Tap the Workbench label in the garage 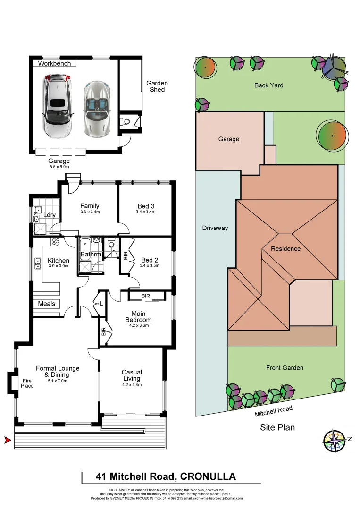click(x=55, y=63)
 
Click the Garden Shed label click(x=157, y=86)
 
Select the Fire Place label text click(x=27, y=383)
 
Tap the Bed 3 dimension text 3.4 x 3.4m click(x=146, y=212)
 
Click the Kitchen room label click(x=59, y=261)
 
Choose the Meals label click(x=47, y=304)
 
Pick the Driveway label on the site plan click(x=215, y=228)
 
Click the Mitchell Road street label click(x=274, y=411)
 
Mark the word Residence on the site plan click(x=285, y=249)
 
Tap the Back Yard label click(x=268, y=85)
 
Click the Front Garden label click(x=285, y=368)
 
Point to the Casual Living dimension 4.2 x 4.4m click(x=132, y=385)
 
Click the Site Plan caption click(x=277, y=428)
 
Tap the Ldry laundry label click(x=50, y=215)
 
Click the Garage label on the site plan click(x=228, y=139)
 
